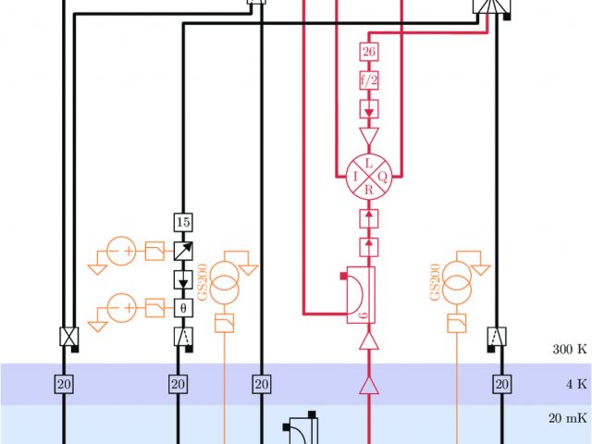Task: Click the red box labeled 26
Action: click(x=369, y=52)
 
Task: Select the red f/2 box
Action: click(x=369, y=80)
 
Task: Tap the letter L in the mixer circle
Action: click(x=369, y=162)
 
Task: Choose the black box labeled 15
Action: click(x=182, y=222)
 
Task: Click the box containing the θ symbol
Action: click(x=182, y=307)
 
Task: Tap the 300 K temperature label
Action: click(x=569, y=350)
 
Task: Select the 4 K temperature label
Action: click(x=574, y=383)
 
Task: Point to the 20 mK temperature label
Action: click(x=567, y=418)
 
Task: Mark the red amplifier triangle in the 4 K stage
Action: click(x=369, y=384)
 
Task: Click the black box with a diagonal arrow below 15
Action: click(x=182, y=250)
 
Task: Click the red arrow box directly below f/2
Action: click(x=369, y=110)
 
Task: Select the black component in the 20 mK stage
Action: click(x=302, y=430)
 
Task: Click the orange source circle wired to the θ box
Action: click(x=120, y=306)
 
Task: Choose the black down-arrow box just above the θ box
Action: click(x=182, y=279)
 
